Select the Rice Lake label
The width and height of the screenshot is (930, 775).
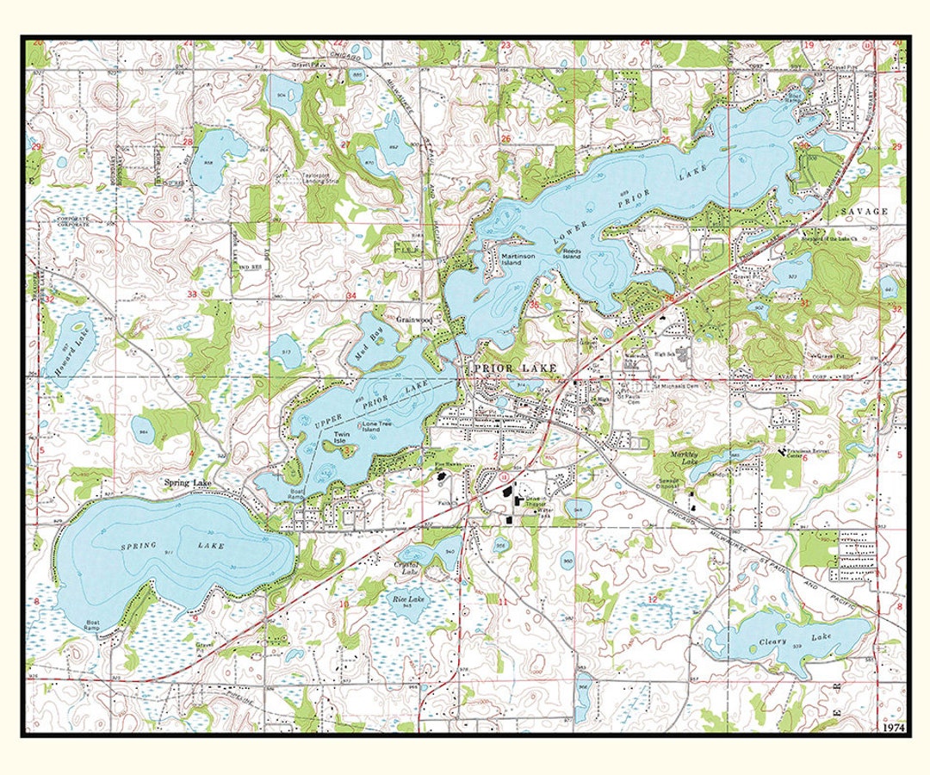(x=408, y=598)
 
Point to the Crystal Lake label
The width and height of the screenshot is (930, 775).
(x=406, y=568)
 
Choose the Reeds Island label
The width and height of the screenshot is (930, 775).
(x=573, y=254)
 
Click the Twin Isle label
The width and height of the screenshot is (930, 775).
(x=344, y=437)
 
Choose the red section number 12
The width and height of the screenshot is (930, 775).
(x=653, y=598)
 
